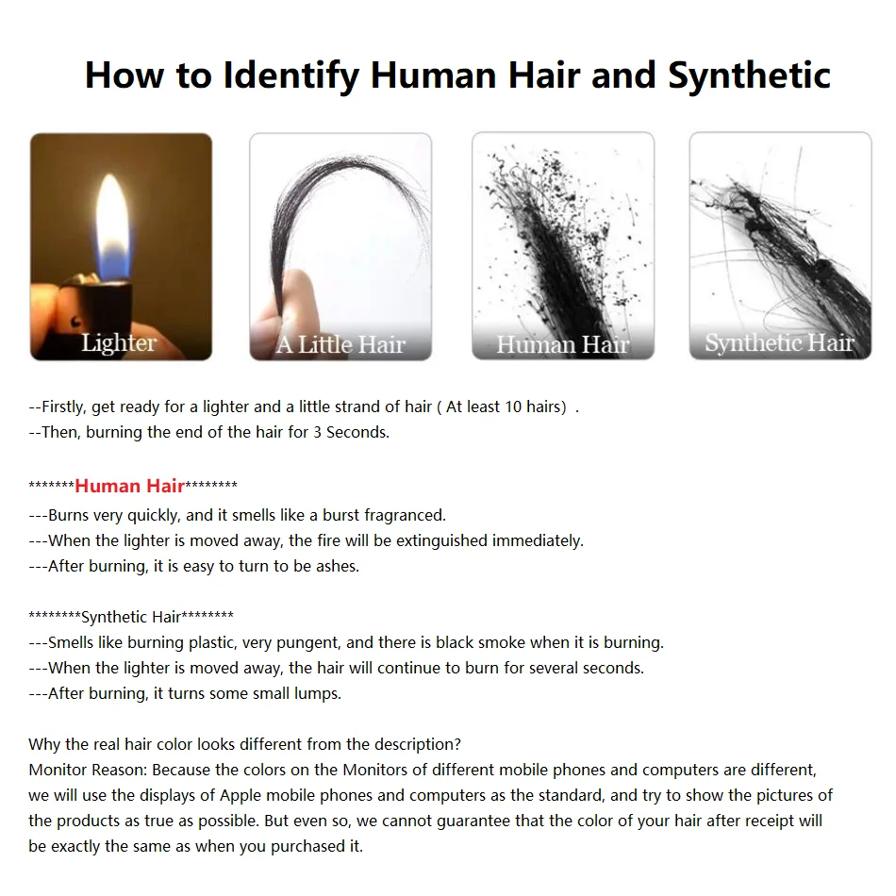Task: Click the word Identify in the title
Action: (x=291, y=75)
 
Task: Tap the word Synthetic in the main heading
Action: (x=750, y=75)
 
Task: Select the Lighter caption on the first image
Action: (x=119, y=342)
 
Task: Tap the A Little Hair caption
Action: (x=340, y=344)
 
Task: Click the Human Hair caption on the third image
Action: (x=563, y=344)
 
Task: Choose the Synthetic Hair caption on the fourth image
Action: (x=779, y=342)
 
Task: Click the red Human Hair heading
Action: (x=129, y=487)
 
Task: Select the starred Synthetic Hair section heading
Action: (x=131, y=617)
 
